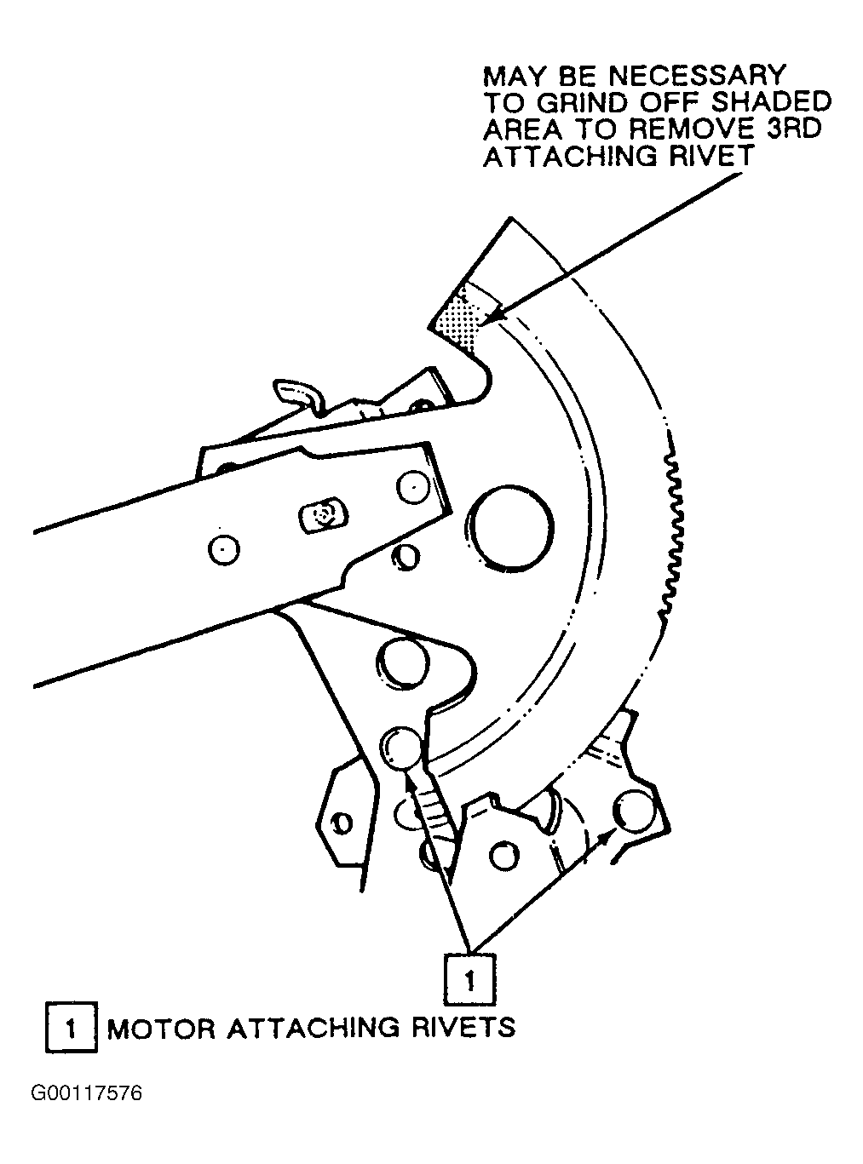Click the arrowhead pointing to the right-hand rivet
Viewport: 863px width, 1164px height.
(x=605, y=838)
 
